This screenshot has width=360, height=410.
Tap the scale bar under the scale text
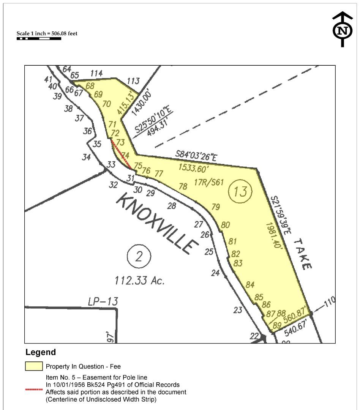(x=39, y=39)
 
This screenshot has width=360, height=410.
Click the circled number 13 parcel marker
(x=240, y=191)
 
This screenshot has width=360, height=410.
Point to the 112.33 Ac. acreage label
(x=139, y=281)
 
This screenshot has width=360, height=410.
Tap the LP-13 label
(x=103, y=302)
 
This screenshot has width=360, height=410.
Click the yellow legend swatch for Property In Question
(x=34, y=366)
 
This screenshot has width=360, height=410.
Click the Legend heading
(x=41, y=352)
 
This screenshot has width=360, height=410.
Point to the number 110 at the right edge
(x=330, y=301)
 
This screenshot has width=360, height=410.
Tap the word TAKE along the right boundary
(x=303, y=254)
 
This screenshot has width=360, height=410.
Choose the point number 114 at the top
(x=97, y=74)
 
